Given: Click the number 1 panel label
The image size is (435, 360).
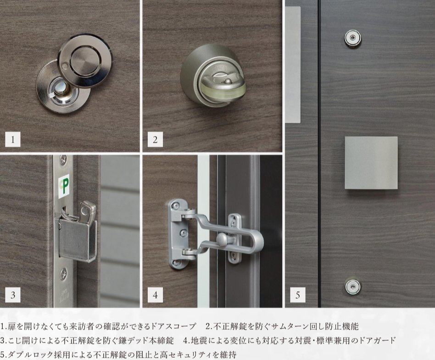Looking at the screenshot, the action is click(x=13, y=139).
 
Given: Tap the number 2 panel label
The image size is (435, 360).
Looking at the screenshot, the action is click(x=155, y=139).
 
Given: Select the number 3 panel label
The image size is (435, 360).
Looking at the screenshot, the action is click(x=13, y=294).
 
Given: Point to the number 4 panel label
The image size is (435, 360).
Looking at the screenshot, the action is click(x=155, y=294).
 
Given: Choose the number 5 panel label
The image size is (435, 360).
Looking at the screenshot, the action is click(x=298, y=294).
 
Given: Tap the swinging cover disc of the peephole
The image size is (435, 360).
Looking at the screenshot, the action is click(x=85, y=61).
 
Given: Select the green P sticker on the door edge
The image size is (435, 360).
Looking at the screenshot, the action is click(x=64, y=186).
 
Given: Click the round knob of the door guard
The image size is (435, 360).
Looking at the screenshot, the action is click(x=222, y=239).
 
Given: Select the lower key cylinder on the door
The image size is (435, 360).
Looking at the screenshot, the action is click(x=353, y=285).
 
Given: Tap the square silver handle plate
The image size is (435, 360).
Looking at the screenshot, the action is click(x=371, y=163).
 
